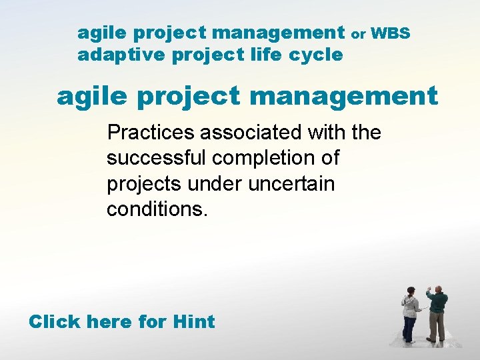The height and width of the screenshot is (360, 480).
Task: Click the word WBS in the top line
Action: click(x=391, y=32)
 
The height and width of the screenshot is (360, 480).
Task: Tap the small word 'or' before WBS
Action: click(x=358, y=33)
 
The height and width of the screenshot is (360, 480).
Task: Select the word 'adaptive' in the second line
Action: click(x=121, y=55)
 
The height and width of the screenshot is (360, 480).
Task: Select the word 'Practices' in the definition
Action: click(x=151, y=133)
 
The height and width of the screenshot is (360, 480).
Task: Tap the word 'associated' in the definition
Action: click(x=251, y=133)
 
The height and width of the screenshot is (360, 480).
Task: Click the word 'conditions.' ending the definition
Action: click(x=157, y=210)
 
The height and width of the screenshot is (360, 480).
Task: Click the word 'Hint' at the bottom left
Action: click(x=193, y=321)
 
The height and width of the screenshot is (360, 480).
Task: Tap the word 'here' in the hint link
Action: click(x=109, y=321)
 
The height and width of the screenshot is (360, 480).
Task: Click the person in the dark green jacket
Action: click(x=437, y=313)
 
